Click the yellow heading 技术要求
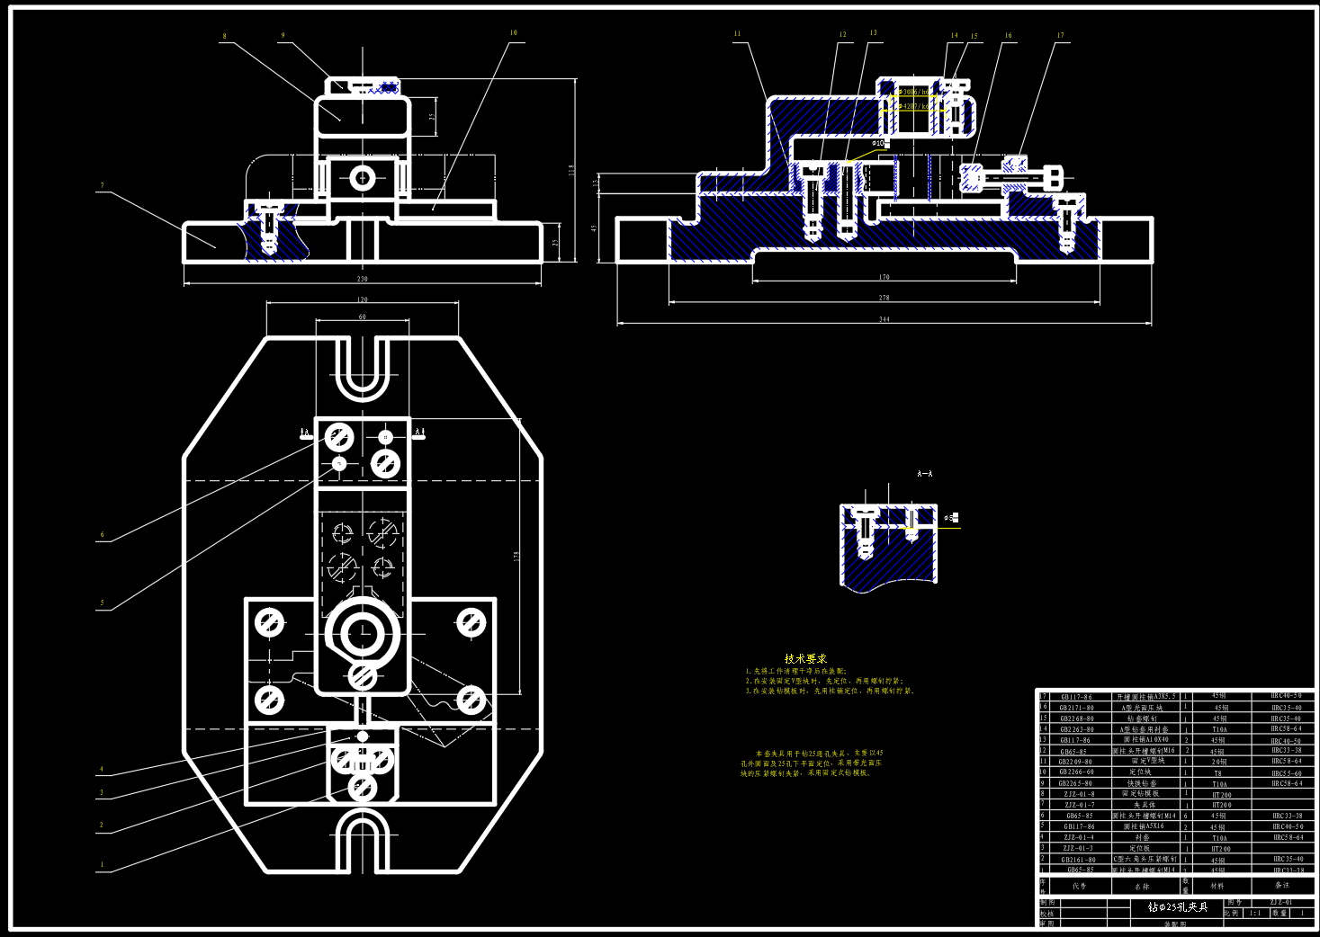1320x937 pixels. point(805,659)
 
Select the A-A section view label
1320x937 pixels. point(924,473)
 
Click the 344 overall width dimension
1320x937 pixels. point(884,319)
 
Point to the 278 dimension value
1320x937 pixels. point(884,298)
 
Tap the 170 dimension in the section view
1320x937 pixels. point(884,277)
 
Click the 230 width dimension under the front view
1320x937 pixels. point(363,279)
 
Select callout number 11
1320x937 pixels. point(737,34)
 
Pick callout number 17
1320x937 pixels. point(1060,36)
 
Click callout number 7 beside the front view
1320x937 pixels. point(102,186)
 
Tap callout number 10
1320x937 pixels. point(513,33)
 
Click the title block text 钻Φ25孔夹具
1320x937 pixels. point(1178,907)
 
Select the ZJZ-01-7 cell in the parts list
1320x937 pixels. point(1079,805)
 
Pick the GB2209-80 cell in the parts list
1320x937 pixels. point(1075,762)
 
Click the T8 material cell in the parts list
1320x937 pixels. point(1217,772)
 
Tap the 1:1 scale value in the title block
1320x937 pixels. point(1254,913)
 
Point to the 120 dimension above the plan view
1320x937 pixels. point(362,299)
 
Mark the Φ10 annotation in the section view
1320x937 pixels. point(878,143)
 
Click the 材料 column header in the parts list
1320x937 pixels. point(1217,886)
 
